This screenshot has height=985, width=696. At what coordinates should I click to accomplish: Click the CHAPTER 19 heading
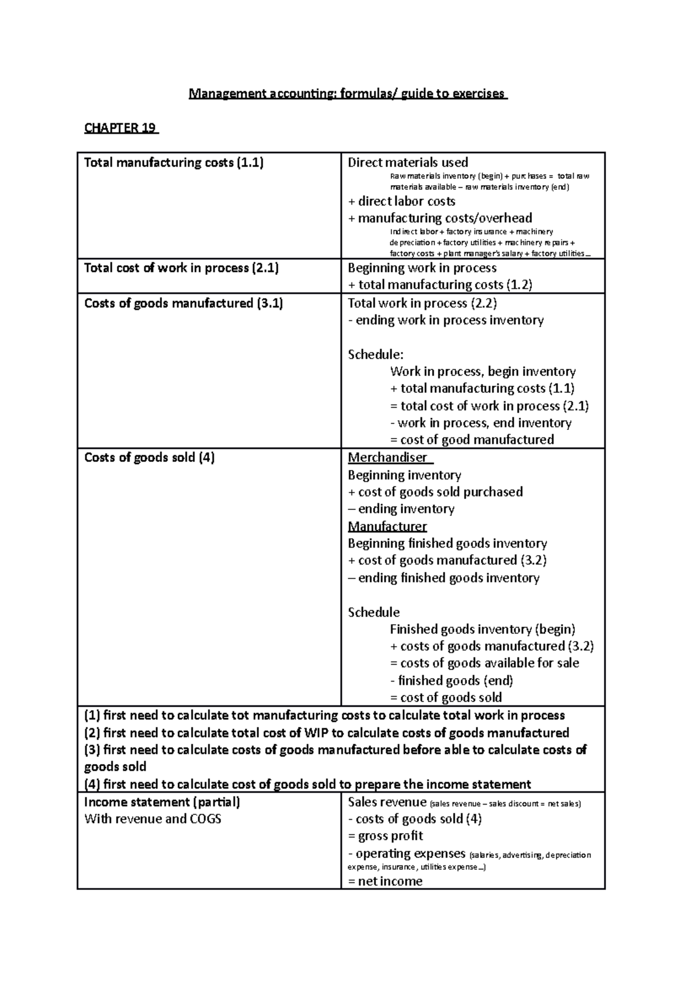[121, 128]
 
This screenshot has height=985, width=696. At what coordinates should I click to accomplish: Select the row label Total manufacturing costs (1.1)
[174, 162]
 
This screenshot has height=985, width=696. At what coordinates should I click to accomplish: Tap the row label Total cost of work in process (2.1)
[182, 268]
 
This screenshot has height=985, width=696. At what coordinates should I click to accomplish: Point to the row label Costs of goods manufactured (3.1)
[183, 303]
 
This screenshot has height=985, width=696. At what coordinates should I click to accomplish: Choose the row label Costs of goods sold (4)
[150, 458]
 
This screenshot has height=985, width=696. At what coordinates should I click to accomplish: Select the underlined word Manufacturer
[387, 527]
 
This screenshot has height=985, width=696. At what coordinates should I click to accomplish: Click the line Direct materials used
[408, 162]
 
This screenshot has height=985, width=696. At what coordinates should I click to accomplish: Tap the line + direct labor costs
[401, 201]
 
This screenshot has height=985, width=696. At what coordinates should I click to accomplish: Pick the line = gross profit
[385, 836]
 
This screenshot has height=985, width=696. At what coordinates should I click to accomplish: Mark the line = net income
[385, 881]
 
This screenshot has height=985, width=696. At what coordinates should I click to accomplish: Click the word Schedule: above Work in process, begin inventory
[375, 354]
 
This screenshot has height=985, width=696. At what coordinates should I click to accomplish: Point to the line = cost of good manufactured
[472, 440]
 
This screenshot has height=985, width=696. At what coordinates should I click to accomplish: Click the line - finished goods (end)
[452, 680]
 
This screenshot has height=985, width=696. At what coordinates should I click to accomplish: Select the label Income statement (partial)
[162, 802]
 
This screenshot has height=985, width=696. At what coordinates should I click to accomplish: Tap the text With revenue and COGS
[153, 819]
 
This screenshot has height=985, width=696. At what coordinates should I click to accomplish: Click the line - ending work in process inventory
[445, 320]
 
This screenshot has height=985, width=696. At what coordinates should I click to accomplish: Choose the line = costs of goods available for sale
[484, 663]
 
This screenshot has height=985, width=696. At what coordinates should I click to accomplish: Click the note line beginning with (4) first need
[307, 785]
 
